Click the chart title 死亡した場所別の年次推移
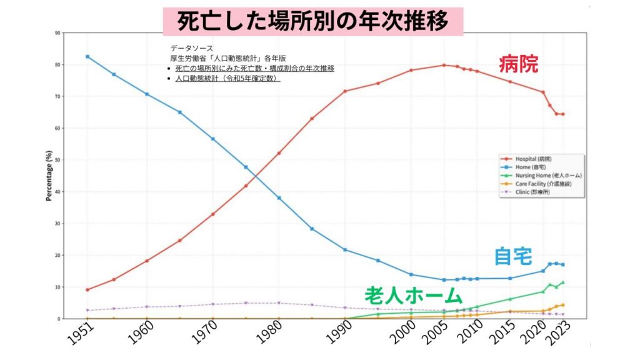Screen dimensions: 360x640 point(313,21)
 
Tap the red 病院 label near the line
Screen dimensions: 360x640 point(518,64)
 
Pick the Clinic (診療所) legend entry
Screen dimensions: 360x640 point(535,192)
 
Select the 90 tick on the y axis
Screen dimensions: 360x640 point(57,32)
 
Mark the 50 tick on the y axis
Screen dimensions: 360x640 point(57,160)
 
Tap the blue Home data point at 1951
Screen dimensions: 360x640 point(87,57)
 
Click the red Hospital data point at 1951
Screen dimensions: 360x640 point(87,290)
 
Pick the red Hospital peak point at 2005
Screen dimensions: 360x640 point(444,65)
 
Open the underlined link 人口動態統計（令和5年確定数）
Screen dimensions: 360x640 point(227,79)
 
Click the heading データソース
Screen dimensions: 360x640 point(191,48)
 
